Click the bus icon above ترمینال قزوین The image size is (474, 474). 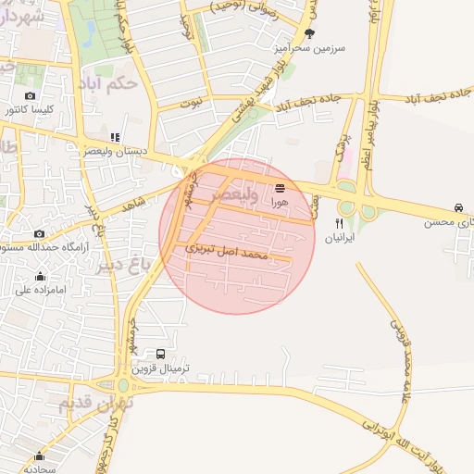pos(162,354)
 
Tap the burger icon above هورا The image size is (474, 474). pos(280,186)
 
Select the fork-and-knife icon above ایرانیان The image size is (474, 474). pos(339,223)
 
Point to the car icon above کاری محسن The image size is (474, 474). pos(459,207)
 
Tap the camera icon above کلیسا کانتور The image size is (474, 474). pos(31,96)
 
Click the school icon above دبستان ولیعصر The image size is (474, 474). pos(116,138)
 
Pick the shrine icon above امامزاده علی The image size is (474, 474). pos(40,276)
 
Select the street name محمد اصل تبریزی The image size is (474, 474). pos(227,250)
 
